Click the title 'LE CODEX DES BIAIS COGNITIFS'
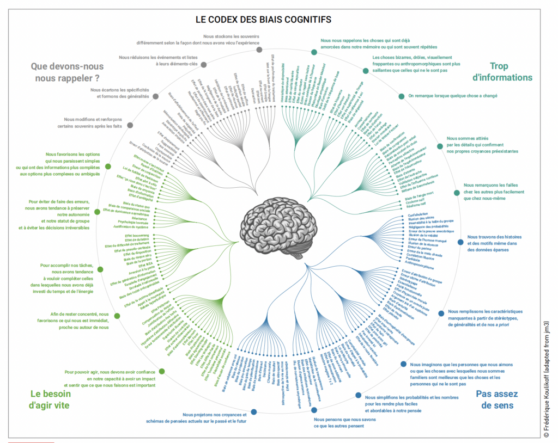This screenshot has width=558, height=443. (x=263, y=20)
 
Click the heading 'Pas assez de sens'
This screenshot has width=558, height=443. (x=496, y=399)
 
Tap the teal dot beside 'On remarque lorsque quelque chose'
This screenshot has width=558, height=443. (x=402, y=96)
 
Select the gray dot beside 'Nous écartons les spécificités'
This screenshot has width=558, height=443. (x=156, y=96)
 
